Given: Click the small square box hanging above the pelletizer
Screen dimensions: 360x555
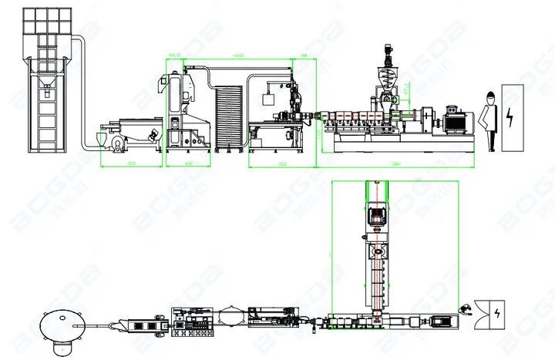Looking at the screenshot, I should point(269,98).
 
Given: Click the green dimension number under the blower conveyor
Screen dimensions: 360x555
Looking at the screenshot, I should point(130,164).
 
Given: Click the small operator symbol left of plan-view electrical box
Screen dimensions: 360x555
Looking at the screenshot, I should point(465,310).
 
